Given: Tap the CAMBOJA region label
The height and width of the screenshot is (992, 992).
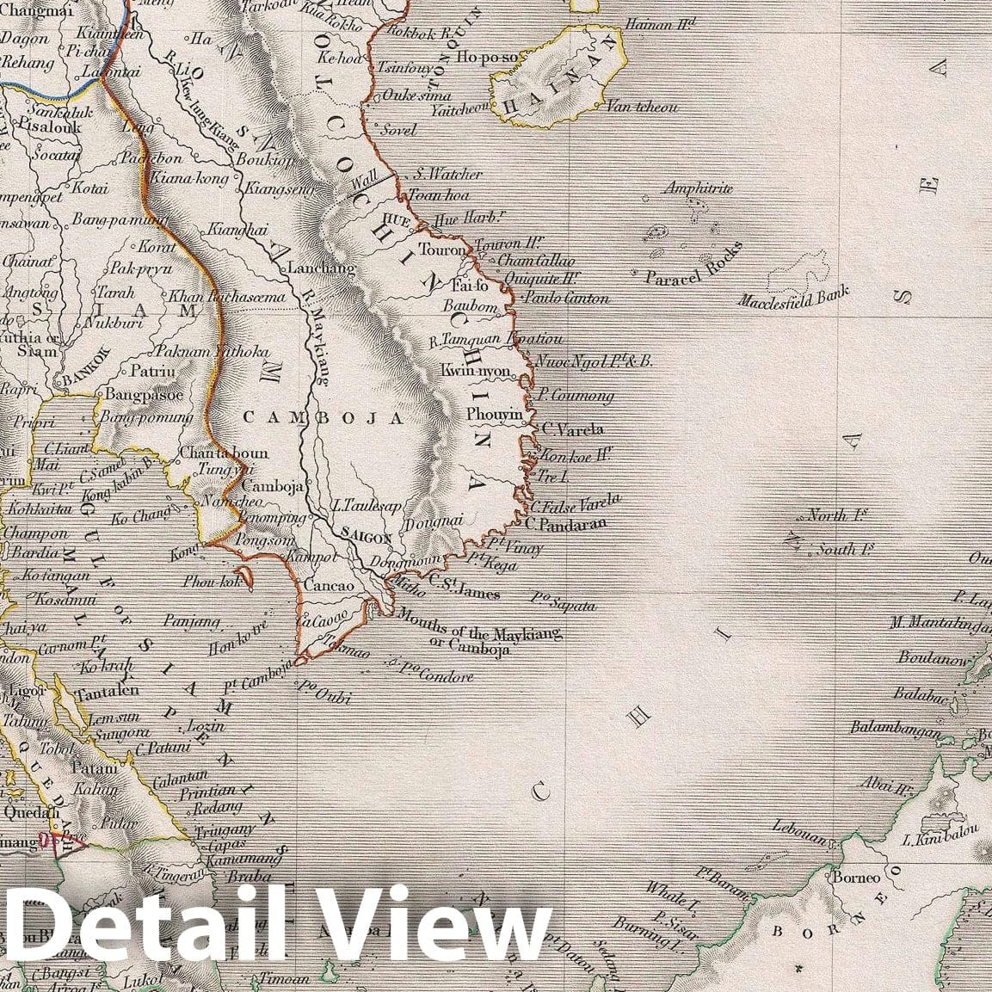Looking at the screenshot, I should (323, 418).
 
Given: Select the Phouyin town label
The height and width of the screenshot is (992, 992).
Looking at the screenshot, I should (495, 414).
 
